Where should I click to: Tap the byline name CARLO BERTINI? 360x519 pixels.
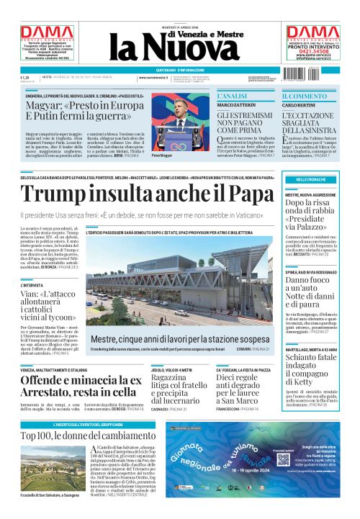point(299,106)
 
